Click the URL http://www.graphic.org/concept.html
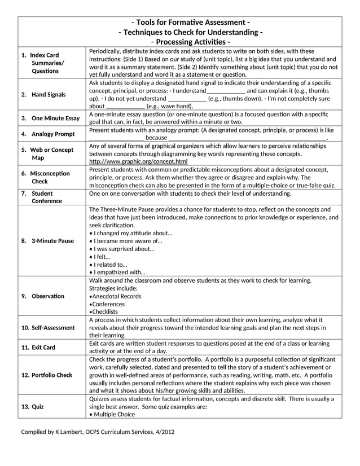(138, 161)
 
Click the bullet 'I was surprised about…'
(124, 248)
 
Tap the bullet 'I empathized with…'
(119, 272)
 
